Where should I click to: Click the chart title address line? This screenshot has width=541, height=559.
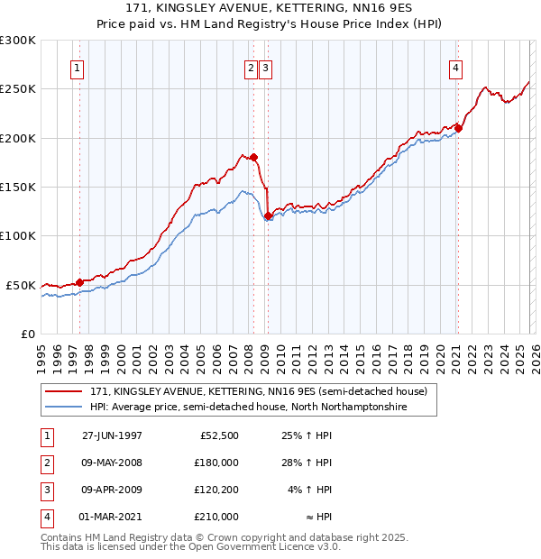(x=270, y=8)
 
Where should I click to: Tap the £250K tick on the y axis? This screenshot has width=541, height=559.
(x=18, y=89)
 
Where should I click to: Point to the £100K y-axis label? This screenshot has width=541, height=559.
(x=18, y=235)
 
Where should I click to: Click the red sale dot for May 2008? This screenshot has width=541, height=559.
(x=253, y=157)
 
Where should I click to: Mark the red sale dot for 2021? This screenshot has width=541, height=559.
(x=458, y=128)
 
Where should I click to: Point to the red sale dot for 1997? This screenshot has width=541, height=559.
(x=79, y=282)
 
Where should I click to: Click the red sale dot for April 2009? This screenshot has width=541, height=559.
(x=268, y=215)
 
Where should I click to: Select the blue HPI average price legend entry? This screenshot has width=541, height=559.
(x=248, y=408)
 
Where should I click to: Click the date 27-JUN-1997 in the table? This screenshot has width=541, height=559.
(x=112, y=435)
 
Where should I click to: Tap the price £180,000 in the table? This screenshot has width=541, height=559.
(x=216, y=463)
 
